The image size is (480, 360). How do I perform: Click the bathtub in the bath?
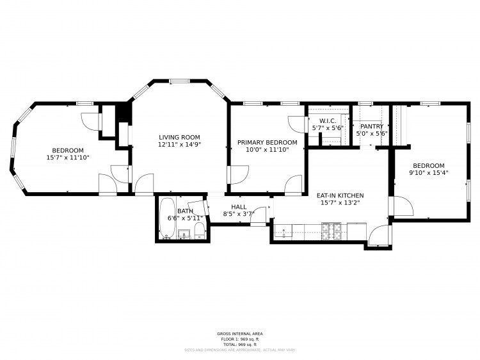167,218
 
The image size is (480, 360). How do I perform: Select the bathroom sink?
184,234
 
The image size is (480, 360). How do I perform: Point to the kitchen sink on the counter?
284,230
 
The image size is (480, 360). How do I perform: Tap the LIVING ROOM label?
179,137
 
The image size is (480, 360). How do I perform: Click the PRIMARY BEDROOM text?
267,142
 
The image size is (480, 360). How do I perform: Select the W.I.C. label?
328,120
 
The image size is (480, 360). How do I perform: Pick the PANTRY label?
372,126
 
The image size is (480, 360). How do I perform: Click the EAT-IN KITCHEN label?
340,195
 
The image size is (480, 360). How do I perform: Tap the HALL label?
239,206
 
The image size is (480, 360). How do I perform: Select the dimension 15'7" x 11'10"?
68,157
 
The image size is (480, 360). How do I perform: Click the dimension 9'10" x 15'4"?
428,172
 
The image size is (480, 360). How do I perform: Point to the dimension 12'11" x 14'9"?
179,145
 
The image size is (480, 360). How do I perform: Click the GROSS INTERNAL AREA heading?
240,334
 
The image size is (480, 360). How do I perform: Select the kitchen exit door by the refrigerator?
379,235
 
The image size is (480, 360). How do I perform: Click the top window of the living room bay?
179,81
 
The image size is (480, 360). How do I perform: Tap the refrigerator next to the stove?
356,229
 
